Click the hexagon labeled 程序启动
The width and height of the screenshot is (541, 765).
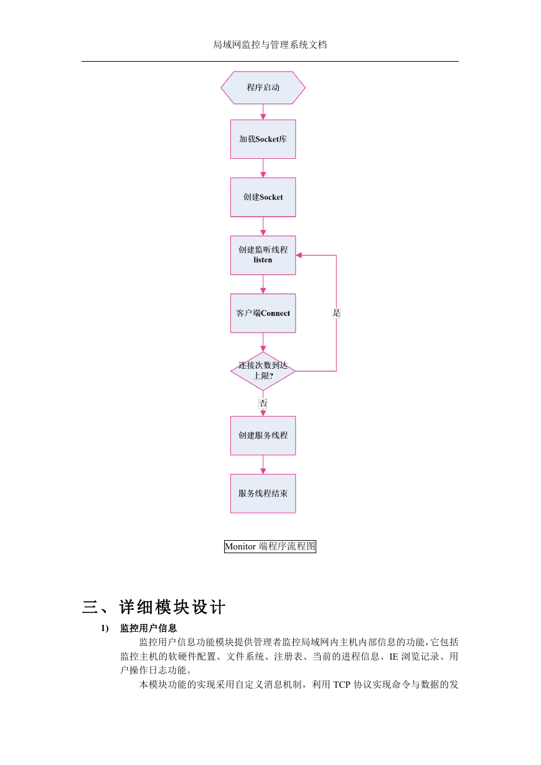(x=263, y=87)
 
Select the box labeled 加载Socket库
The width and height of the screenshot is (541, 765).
(x=263, y=139)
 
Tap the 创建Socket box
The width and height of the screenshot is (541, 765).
(x=263, y=197)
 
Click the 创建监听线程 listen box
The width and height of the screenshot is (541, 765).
(x=263, y=255)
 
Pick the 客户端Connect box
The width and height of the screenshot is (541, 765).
(x=263, y=313)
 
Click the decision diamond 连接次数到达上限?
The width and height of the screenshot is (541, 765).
(x=263, y=371)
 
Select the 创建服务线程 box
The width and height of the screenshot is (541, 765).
(x=263, y=435)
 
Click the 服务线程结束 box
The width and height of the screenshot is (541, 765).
(x=263, y=493)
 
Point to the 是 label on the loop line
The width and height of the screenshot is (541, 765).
(x=336, y=313)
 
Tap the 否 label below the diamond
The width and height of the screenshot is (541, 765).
(x=263, y=403)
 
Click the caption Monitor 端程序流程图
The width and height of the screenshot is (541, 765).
(x=270, y=546)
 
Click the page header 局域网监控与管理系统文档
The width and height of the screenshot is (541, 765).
(x=270, y=45)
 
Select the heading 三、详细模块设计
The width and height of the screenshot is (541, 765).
(x=154, y=607)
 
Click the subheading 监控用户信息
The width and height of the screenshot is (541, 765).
(x=148, y=628)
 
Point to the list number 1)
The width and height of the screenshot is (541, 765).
(x=105, y=628)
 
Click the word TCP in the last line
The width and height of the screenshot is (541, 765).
(x=342, y=685)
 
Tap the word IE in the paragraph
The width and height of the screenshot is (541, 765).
(x=393, y=657)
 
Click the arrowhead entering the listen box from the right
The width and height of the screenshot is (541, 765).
(x=299, y=255)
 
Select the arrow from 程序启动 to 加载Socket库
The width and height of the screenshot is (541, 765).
(x=263, y=112)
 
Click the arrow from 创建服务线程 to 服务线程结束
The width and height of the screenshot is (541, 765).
(x=263, y=465)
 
